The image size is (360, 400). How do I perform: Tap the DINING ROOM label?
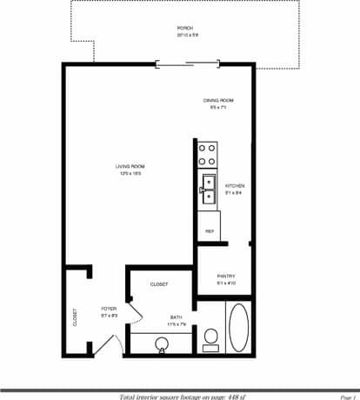217,101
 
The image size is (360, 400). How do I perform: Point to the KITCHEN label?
235,186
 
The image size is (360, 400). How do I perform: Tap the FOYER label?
109,308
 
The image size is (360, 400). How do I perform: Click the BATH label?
177,317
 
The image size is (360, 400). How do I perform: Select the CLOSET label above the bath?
159,284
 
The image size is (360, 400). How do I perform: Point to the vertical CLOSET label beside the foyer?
76,317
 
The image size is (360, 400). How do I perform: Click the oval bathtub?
238,327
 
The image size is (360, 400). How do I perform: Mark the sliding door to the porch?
187,63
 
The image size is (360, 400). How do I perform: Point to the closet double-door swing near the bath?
134,311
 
